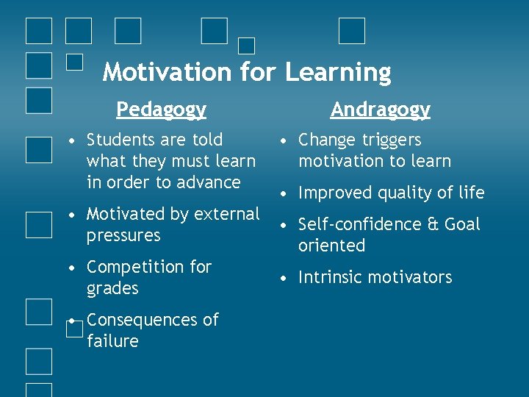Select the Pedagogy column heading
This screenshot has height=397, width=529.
pos(161,110)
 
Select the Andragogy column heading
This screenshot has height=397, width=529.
pos(380,110)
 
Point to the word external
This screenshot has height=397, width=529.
pos(226,214)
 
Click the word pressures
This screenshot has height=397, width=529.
pos(123,236)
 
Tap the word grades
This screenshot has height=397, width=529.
pos(112,289)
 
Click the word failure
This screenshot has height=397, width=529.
pos(112,341)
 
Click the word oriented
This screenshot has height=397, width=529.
pos(331,246)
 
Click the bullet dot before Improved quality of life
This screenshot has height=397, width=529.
pos(282,193)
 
